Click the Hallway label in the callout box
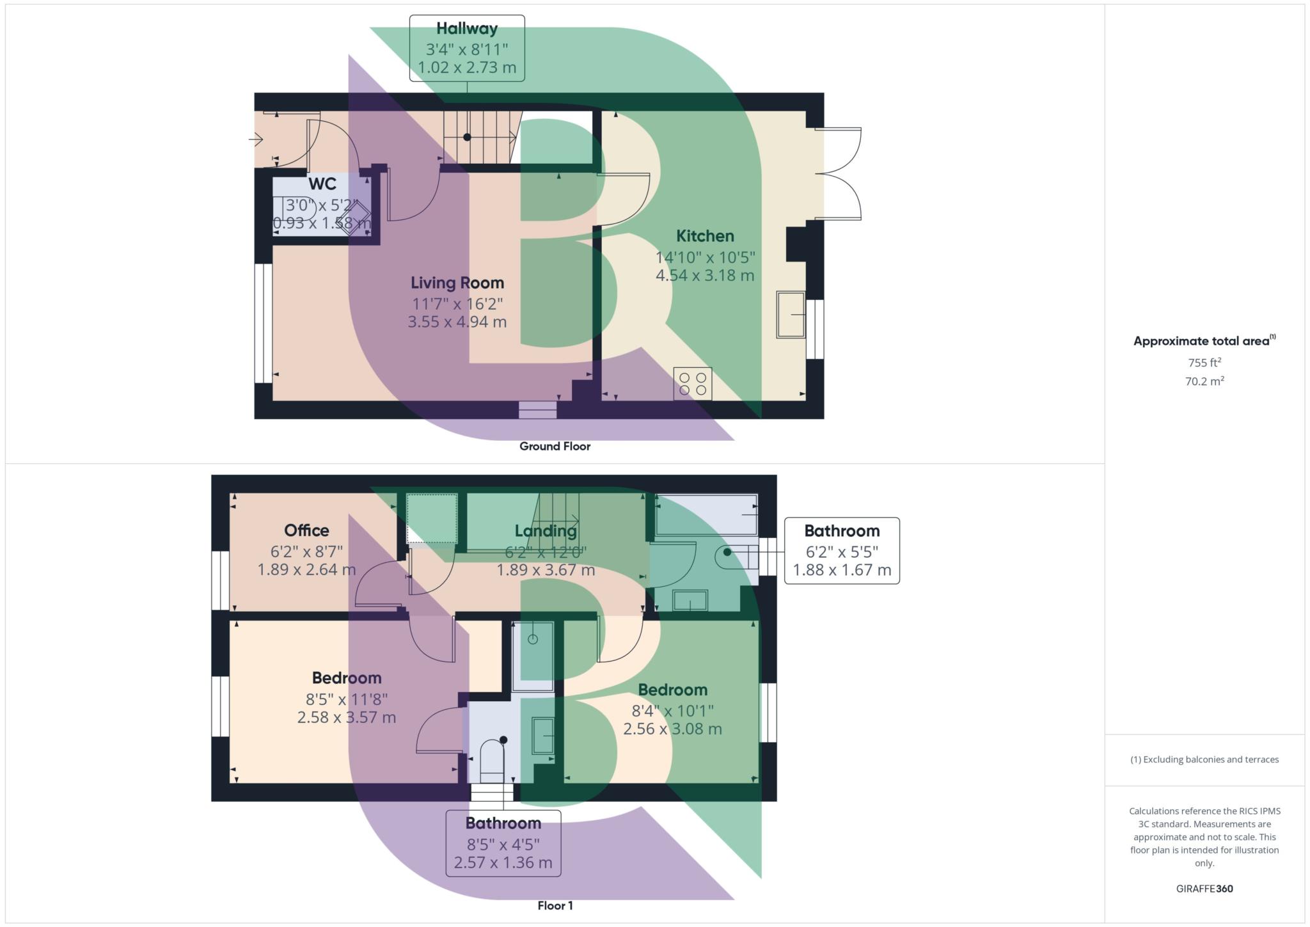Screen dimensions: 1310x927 pos(467,29)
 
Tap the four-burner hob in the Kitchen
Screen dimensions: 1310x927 pos(693,384)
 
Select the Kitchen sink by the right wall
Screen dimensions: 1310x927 pos(791,314)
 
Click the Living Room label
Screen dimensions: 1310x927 pos(457,283)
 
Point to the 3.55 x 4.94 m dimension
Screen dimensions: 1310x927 pos(457,322)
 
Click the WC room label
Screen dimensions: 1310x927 pos(322,184)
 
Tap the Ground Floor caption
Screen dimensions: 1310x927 pos(555,447)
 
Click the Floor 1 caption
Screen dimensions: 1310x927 pos(555,906)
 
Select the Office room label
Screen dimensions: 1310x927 pos(307,530)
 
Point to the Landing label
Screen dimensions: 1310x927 pos(546,531)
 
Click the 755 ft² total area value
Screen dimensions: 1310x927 pos(1204,362)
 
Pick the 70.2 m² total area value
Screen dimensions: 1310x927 pos(1204,381)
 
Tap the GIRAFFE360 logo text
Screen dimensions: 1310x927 pos(1204,889)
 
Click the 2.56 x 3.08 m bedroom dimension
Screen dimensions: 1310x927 pos(673,729)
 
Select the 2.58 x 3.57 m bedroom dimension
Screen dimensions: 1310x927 pos(347,717)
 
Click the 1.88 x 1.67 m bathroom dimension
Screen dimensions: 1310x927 pos(842,570)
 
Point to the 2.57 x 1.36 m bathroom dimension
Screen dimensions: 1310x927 pos(503,862)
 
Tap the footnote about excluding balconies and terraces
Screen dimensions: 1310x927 pos(1204,759)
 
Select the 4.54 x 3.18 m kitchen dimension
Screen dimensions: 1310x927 pos(705,276)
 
